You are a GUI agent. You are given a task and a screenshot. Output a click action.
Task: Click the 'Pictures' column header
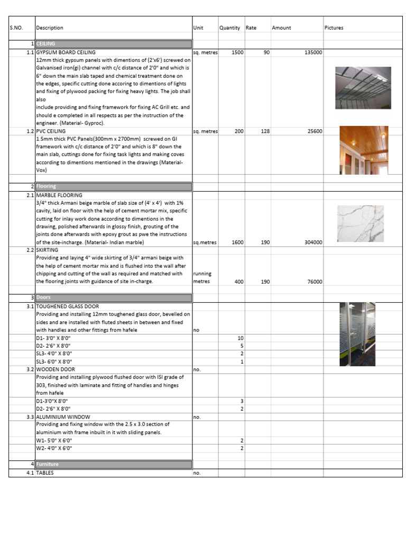pos(334,28)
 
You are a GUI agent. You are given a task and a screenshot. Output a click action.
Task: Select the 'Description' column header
pos(50,28)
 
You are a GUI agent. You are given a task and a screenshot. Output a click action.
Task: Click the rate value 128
pos(265,131)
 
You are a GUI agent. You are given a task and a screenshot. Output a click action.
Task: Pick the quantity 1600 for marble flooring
pos(237,242)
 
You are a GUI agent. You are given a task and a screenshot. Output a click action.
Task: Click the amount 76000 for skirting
pos(314,282)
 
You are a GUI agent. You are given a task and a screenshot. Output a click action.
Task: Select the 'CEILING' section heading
pos(46,44)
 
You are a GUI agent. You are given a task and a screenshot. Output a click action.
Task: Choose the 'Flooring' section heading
pos(46,186)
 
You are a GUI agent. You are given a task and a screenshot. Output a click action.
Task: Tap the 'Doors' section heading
pos(43,298)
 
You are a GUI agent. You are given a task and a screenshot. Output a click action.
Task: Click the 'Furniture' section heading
pos(47,464)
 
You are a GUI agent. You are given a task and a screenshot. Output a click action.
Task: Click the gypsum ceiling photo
pos(363,87)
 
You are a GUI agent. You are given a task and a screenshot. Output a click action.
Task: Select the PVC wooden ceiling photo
pos(363,150)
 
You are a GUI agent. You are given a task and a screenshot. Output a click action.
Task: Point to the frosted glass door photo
pos(357,334)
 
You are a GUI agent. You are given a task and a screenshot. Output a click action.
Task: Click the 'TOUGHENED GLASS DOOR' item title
pos(67,306)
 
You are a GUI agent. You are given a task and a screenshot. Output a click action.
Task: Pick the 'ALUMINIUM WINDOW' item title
pos(62,417)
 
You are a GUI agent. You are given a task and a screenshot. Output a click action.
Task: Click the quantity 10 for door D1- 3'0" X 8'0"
pos(241,338)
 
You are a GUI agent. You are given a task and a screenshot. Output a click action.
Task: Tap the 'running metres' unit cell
pos(202,278)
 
